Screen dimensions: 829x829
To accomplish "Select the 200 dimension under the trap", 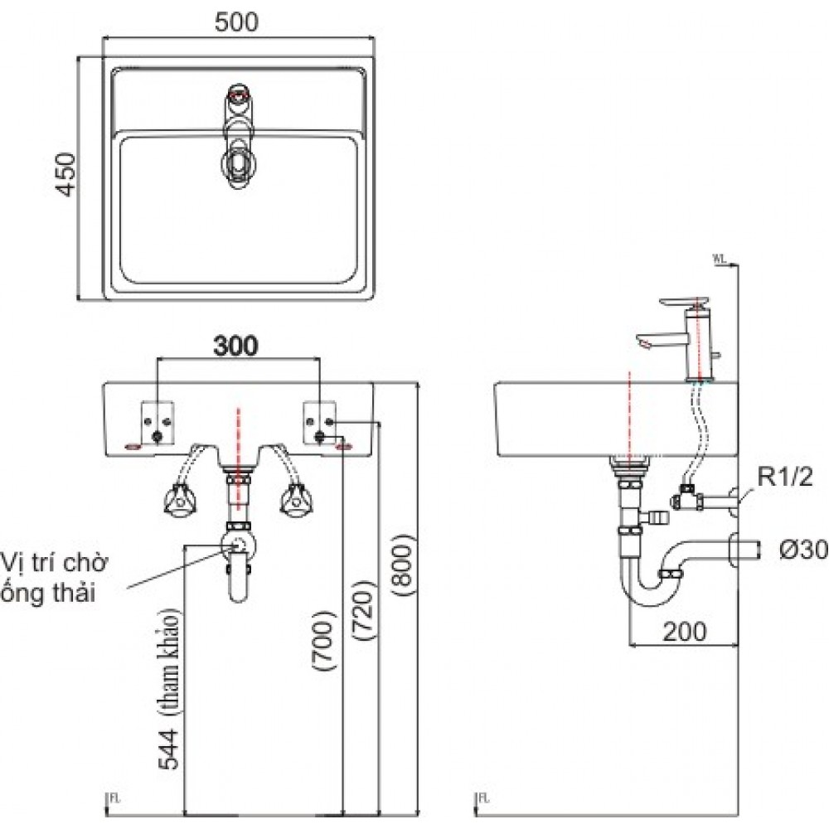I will point(684,632).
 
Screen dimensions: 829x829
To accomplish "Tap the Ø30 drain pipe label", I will point(802,550).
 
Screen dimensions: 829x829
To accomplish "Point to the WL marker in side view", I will point(718,259).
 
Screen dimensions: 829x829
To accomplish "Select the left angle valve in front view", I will point(179,500).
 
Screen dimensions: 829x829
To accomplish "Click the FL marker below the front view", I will point(114,798).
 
